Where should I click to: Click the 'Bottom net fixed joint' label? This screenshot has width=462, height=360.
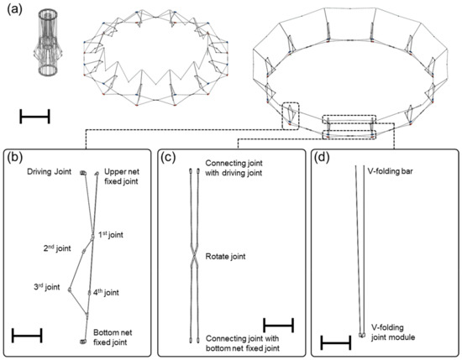coord(118,337)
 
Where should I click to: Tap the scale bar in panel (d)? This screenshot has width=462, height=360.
coord(335,342)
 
